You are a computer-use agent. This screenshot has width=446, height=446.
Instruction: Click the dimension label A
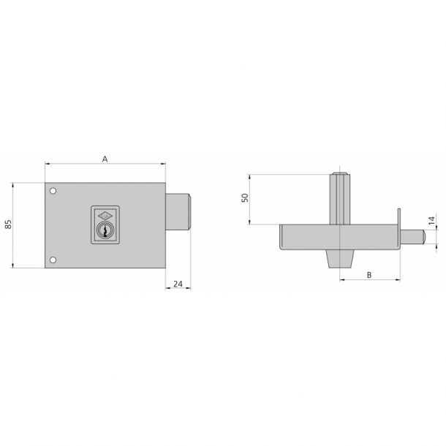pyautogui.click(x=105, y=158)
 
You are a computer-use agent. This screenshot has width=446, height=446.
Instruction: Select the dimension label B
pyautogui.click(x=369, y=274)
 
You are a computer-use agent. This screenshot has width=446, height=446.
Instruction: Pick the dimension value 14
pyautogui.click(x=431, y=220)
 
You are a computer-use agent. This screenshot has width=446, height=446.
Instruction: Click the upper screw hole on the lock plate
pyautogui.click(x=53, y=192)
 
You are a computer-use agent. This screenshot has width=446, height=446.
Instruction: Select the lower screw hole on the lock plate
pyautogui.click(x=53, y=260)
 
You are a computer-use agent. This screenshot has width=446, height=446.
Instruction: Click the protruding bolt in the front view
pyautogui.click(x=179, y=212)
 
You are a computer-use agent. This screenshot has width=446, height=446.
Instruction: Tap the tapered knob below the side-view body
pyautogui.click(x=340, y=260)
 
